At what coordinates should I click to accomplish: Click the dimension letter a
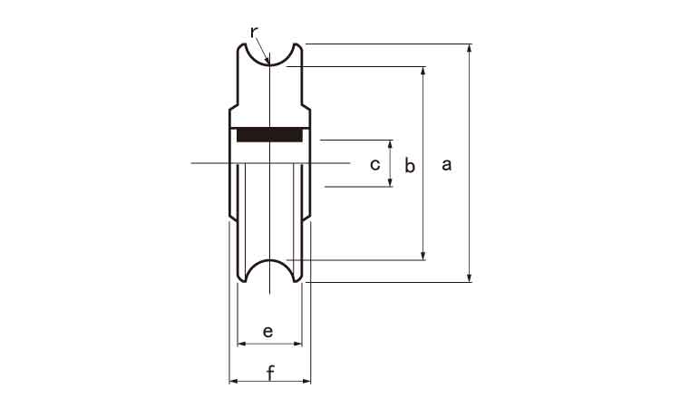tap(447, 165)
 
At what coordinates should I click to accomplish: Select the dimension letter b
tap(410, 165)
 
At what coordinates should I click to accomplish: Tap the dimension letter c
tap(375, 164)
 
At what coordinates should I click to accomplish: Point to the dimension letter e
tap(268, 332)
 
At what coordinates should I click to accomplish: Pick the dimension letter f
tap(270, 373)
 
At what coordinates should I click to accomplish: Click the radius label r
tap(254, 32)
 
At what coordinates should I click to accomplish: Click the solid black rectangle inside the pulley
tap(270, 135)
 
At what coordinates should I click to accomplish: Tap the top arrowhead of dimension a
tap(469, 48)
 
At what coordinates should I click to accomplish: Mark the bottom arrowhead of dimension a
tap(469, 278)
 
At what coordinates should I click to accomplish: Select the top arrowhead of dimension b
tap(423, 71)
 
